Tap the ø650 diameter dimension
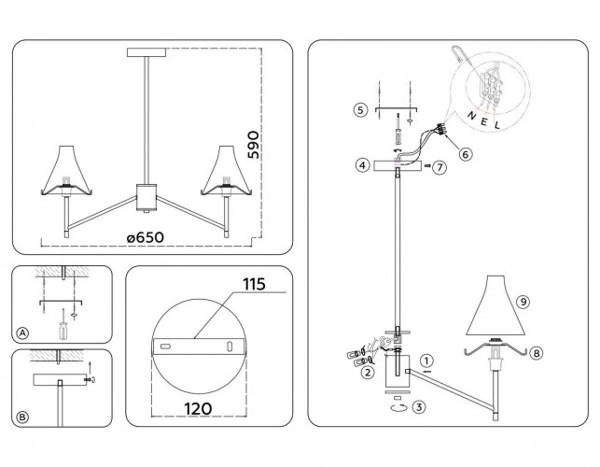145,237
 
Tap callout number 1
426,360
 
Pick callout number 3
421,406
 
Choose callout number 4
360,165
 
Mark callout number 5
360,110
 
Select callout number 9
523,302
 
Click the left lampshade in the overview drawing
64,172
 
